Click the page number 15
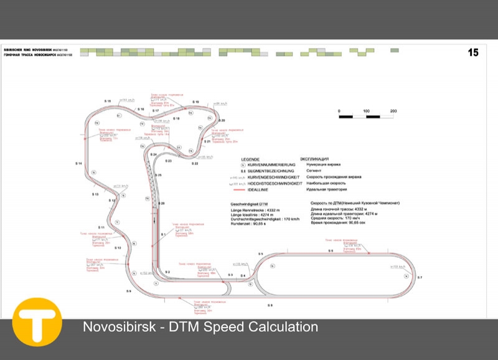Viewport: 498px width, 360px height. (474, 53)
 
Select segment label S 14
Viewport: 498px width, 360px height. (79, 163)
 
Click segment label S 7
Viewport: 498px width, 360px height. (420, 277)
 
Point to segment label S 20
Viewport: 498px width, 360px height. (222, 120)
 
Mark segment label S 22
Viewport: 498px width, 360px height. (195, 164)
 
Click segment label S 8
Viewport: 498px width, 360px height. (270, 305)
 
